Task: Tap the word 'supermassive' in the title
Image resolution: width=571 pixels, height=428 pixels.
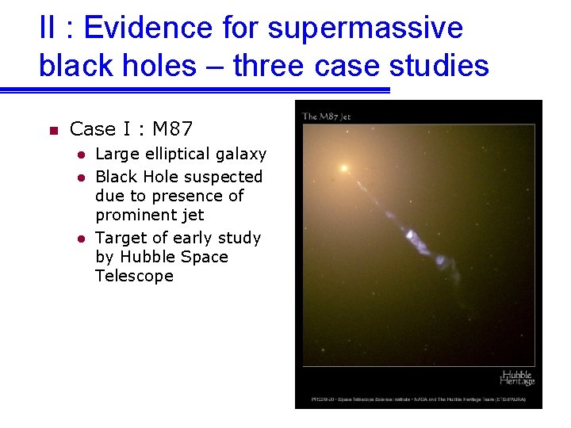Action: (366, 29)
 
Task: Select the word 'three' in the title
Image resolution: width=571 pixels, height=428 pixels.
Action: (268, 66)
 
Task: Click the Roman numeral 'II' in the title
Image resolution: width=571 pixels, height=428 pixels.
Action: (47, 29)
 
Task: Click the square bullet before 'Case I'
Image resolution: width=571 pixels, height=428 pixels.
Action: (49, 130)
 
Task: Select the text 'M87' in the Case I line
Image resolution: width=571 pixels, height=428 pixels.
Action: (173, 128)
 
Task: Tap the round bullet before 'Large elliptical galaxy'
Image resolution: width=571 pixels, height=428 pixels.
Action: (80, 155)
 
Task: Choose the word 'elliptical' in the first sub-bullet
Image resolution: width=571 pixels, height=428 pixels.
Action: (176, 154)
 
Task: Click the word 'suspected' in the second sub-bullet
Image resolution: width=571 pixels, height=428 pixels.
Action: (224, 176)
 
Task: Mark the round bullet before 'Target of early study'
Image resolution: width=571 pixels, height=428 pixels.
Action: (80, 239)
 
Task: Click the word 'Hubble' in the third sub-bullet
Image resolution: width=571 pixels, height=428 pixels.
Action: (146, 257)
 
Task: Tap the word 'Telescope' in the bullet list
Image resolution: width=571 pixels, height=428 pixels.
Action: (134, 276)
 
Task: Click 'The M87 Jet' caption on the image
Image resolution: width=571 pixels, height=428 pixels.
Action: (326, 117)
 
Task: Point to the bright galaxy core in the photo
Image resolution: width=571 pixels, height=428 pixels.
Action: (344, 168)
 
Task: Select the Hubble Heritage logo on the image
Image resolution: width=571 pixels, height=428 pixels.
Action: (516, 377)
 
